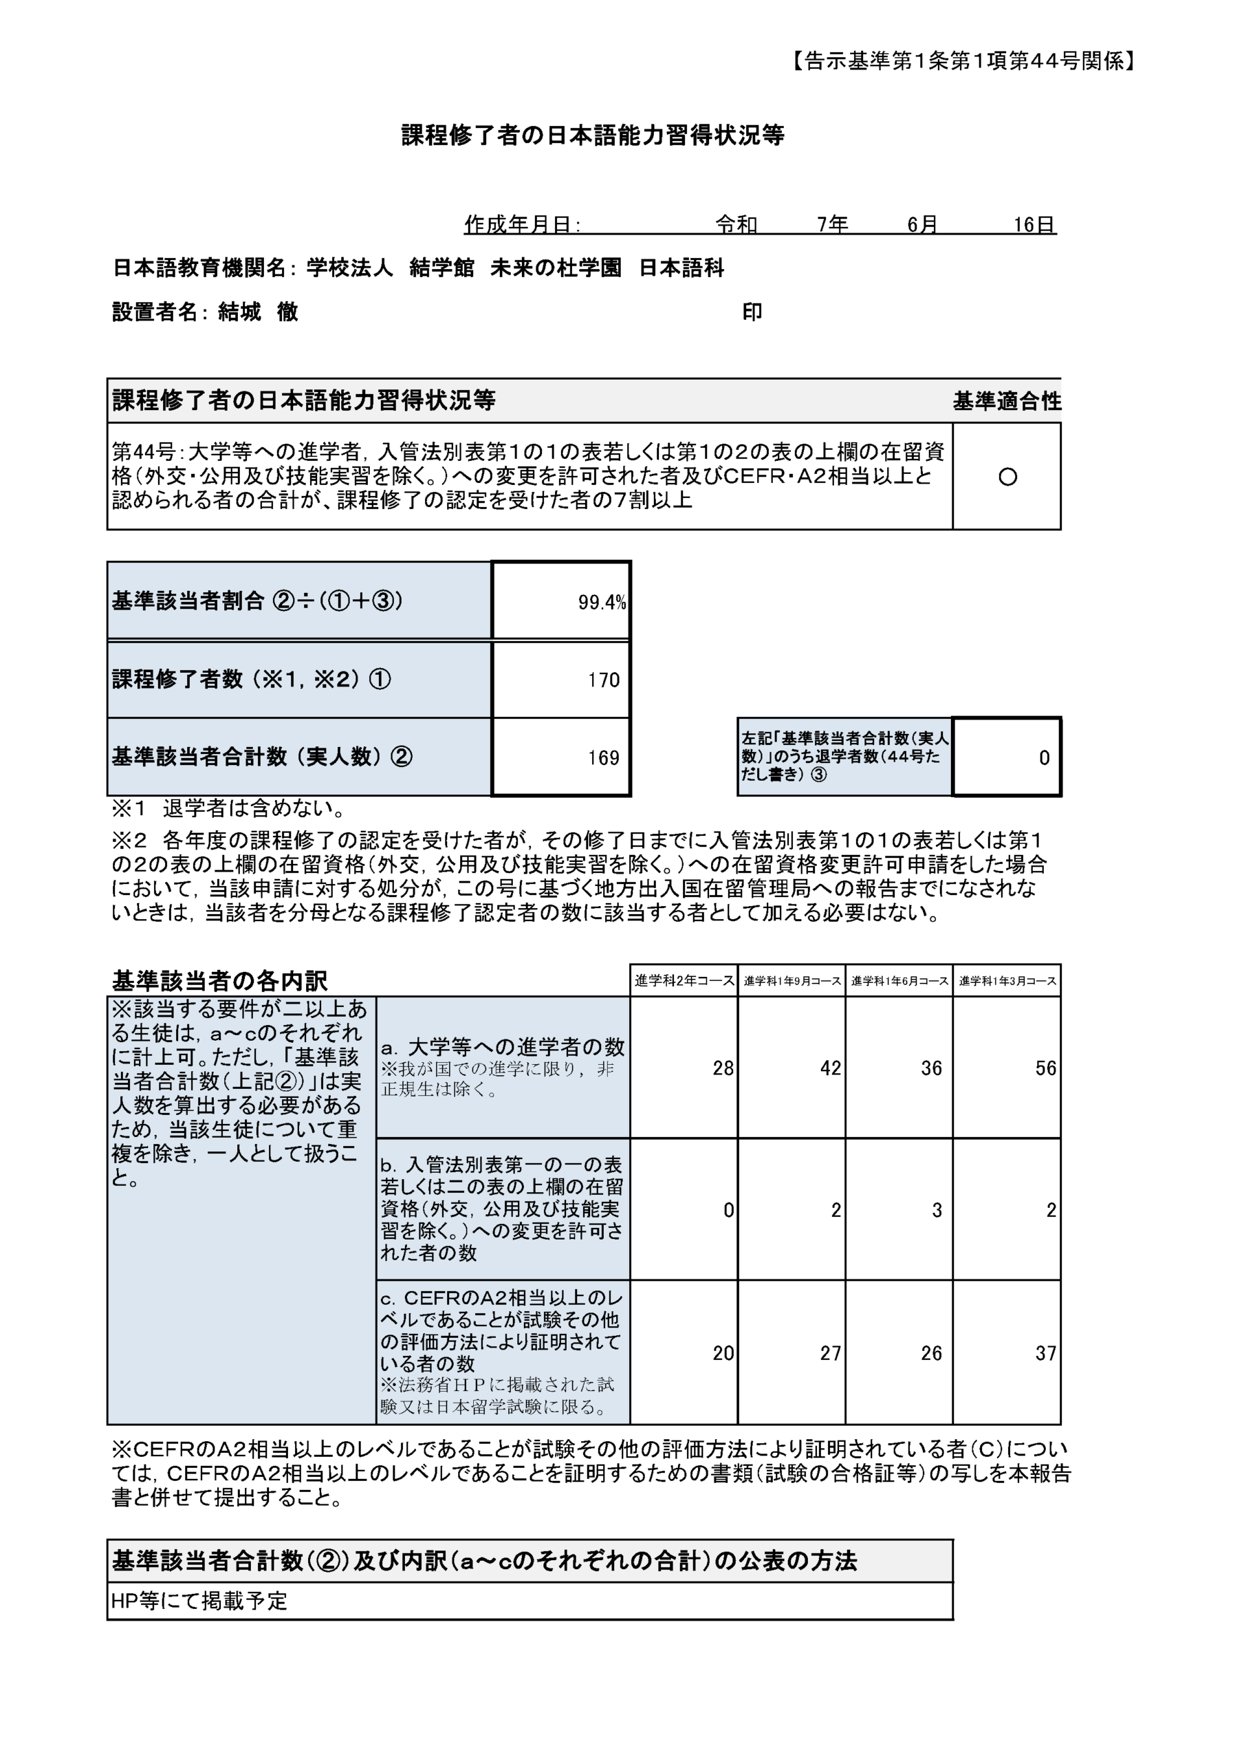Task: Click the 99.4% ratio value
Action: [601, 602]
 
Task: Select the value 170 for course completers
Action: [604, 680]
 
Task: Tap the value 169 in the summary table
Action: [604, 758]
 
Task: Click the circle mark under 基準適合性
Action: [1007, 477]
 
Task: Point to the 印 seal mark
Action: [752, 312]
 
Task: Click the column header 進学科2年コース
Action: [684, 980]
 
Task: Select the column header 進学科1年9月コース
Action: [792, 981]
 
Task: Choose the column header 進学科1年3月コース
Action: [1007, 981]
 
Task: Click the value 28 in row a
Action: [723, 1068]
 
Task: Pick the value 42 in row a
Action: [830, 1068]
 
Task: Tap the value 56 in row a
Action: [1045, 1068]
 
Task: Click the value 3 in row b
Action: [937, 1210]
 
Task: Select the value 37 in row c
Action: [1045, 1353]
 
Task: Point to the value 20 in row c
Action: [723, 1353]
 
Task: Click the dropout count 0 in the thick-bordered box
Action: [1044, 758]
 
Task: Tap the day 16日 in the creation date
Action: [1034, 224]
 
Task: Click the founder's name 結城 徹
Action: [258, 312]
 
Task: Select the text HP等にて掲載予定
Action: [199, 1601]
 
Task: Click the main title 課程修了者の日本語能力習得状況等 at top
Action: [593, 136]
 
